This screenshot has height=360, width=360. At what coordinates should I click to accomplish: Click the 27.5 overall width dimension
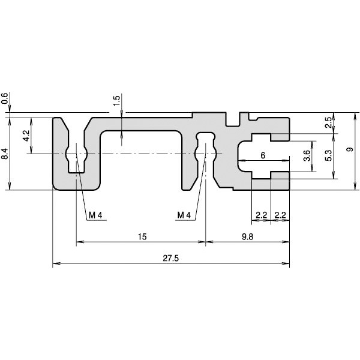(x=170, y=258)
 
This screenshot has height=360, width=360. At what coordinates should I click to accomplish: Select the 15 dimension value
(x=142, y=237)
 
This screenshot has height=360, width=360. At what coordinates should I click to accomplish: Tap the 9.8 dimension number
(x=247, y=237)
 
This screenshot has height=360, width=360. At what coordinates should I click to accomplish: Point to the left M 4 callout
(x=95, y=215)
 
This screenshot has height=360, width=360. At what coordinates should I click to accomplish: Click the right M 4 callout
(x=184, y=215)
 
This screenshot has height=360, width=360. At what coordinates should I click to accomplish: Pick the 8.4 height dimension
(x=5, y=154)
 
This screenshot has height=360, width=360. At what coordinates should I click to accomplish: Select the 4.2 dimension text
(x=26, y=136)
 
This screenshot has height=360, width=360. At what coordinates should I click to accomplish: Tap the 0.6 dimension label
(x=5, y=98)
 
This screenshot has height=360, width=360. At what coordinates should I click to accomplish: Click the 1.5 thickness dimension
(x=116, y=100)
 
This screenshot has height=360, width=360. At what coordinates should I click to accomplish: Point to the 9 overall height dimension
(x=350, y=149)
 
